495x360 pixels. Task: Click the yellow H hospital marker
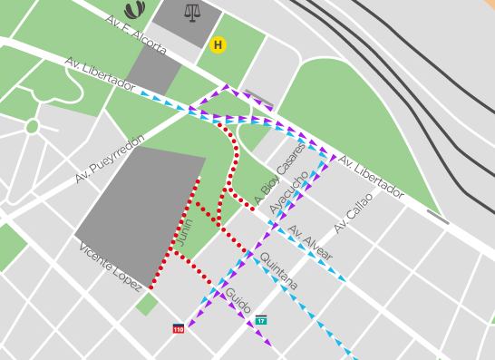click(x=218, y=44)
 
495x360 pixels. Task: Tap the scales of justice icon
click(x=191, y=13)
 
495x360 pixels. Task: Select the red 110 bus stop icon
click(x=178, y=328)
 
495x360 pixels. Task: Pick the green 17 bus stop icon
click(x=261, y=320)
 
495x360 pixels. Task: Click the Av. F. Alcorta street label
click(x=136, y=34)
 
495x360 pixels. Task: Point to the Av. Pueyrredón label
click(x=110, y=159)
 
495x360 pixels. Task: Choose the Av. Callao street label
click(x=353, y=213)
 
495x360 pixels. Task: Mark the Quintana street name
click(x=278, y=271)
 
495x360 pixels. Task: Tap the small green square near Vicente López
click(x=146, y=305)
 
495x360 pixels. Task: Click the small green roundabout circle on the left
click(x=32, y=126)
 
